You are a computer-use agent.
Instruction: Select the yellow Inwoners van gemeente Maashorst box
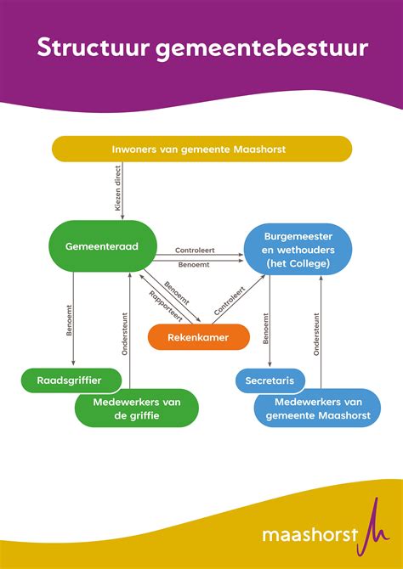coord(201,149)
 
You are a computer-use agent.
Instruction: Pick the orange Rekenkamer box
coord(200,337)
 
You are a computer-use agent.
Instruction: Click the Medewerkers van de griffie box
coord(136,408)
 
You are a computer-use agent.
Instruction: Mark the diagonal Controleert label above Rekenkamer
coord(230,301)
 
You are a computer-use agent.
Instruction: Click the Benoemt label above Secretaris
coord(266,327)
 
